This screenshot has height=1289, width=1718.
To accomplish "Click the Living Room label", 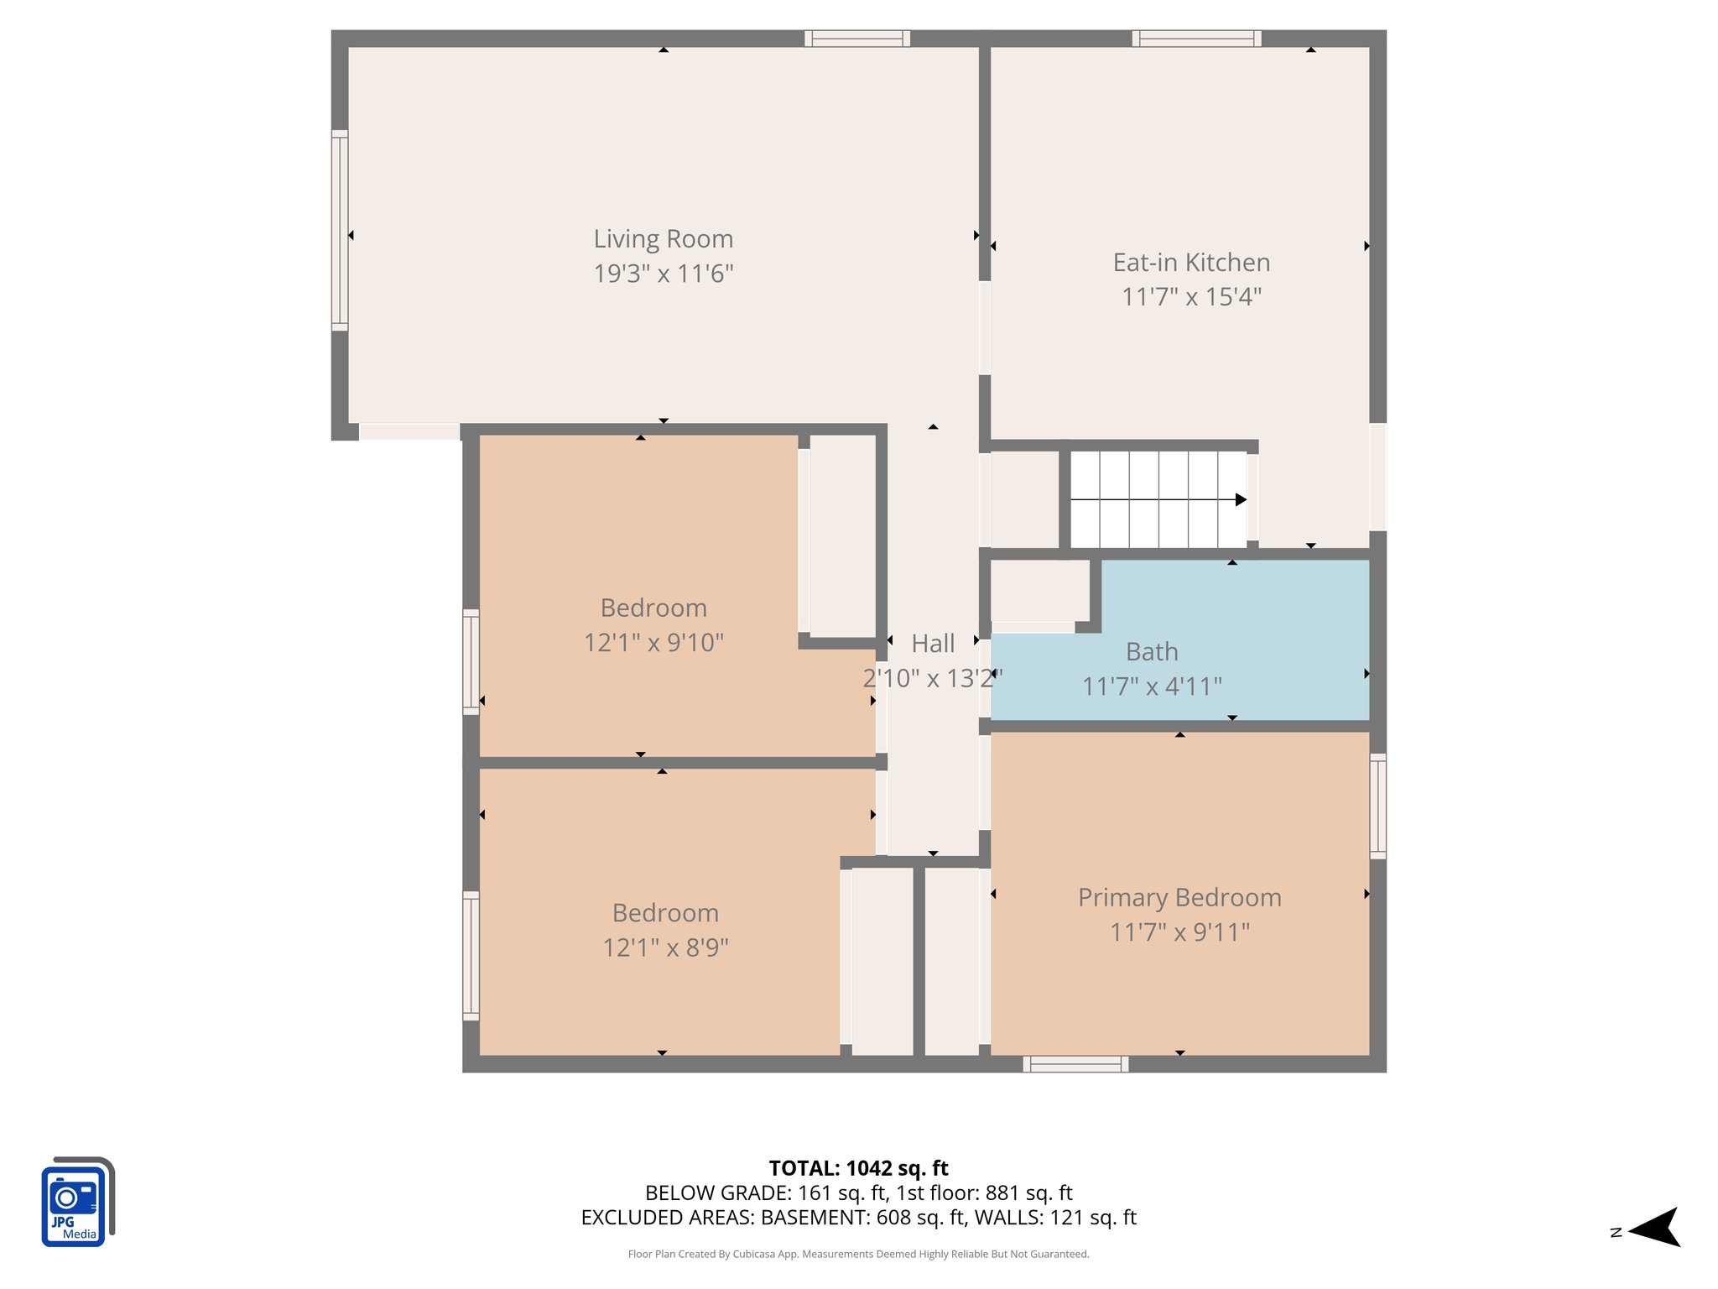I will [x=663, y=239].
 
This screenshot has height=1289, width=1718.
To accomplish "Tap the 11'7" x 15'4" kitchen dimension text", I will [x=1191, y=297].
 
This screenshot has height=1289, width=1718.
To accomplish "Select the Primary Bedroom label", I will [x=1179, y=897].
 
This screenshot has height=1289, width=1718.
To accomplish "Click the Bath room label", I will [x=1152, y=651].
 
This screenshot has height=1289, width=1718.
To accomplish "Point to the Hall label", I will [x=933, y=644].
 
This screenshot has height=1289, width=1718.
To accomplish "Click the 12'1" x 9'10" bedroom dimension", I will [x=653, y=643].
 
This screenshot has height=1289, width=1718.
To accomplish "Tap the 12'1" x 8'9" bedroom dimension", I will [x=665, y=947].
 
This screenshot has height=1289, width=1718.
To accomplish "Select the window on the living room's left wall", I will [x=340, y=230].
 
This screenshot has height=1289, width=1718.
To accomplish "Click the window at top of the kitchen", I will [x=1196, y=39].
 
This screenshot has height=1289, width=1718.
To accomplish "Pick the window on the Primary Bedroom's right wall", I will [x=1377, y=806].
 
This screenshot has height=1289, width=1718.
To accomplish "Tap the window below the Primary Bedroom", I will [x=1075, y=1064].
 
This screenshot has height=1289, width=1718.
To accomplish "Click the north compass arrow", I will [x=1653, y=1228].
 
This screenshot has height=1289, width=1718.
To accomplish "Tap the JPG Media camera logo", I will [x=77, y=1202].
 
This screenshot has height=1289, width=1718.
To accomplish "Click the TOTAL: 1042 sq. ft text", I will [x=858, y=1168].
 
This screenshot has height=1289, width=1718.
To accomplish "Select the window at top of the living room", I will [x=857, y=39].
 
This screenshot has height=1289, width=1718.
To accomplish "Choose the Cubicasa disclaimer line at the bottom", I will [x=858, y=1254].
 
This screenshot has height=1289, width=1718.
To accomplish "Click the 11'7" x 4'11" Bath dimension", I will [x=1152, y=686].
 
